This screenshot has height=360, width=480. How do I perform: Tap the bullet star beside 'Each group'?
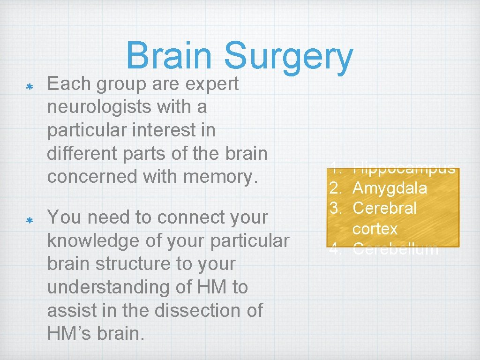28,87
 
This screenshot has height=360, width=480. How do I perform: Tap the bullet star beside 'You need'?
28,220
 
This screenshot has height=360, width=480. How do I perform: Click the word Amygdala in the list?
390,188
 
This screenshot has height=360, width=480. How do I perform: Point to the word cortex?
375,229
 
